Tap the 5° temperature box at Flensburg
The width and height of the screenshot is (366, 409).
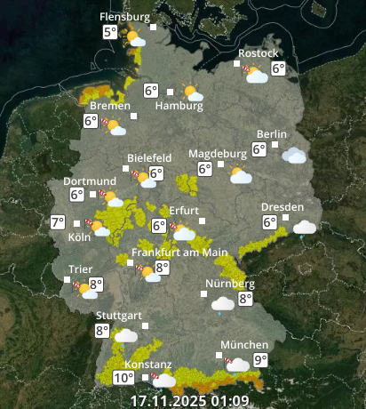click(x=110, y=33)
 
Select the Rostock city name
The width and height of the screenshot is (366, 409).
click(x=259, y=53)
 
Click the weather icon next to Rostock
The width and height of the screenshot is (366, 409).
click(x=256, y=74)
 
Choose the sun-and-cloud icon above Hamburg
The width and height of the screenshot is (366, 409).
click(x=190, y=91)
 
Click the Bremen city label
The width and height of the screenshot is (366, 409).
click(x=110, y=106)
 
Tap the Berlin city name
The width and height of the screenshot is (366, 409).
click(x=272, y=134)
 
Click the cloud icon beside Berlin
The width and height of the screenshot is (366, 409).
click(x=294, y=156)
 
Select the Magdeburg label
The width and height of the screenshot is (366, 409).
click(x=218, y=153)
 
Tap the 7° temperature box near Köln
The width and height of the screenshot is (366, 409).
click(x=59, y=223)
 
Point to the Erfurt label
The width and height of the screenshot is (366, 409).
click(x=184, y=210)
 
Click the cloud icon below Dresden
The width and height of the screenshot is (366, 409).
click(x=305, y=228)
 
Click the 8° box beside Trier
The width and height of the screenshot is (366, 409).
click(x=96, y=285)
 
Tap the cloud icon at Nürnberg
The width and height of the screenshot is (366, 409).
click(x=223, y=303)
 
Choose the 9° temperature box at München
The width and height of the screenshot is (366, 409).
click(x=260, y=360)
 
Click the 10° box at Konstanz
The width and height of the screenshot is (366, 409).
click(x=123, y=378)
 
